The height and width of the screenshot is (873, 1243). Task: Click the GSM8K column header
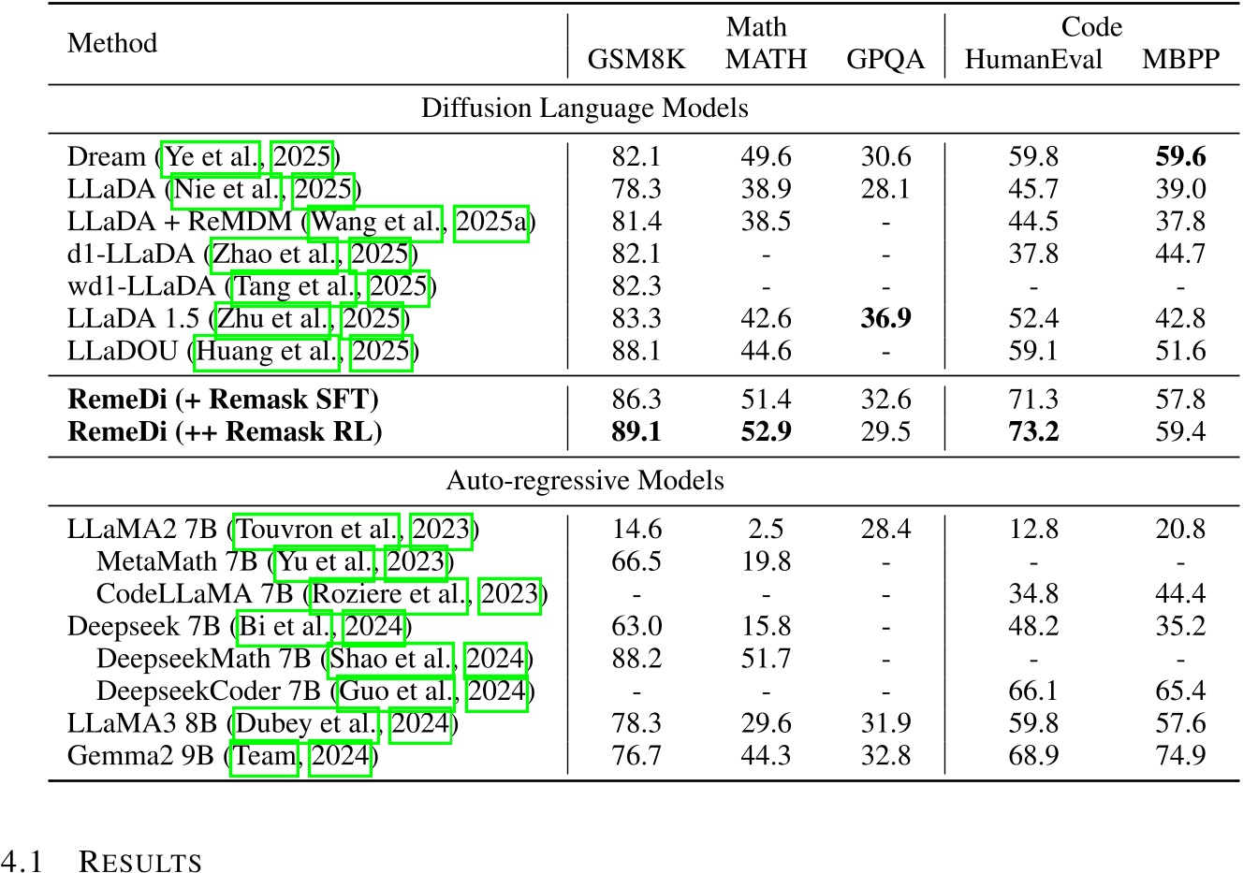(x=636, y=60)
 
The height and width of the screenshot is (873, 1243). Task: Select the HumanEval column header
(x=1033, y=60)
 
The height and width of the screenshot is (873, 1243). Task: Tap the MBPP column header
(x=1180, y=60)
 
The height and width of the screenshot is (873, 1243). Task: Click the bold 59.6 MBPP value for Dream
(x=1180, y=156)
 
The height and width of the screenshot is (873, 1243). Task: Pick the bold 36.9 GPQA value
(x=885, y=318)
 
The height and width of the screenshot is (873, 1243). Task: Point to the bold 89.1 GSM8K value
(x=636, y=432)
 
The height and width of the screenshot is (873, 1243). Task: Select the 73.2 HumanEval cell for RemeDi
(x=1033, y=432)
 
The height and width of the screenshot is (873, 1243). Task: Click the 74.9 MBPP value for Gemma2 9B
(x=1180, y=755)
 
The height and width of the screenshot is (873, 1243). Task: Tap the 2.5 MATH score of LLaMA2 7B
(x=766, y=530)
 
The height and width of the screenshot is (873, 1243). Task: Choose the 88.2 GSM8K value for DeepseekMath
(x=636, y=659)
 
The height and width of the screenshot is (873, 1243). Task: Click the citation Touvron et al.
(x=317, y=530)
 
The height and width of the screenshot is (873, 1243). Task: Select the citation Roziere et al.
(x=389, y=594)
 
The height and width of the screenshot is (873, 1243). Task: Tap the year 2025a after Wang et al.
(x=491, y=222)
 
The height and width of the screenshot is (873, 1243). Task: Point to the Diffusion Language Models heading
(x=584, y=109)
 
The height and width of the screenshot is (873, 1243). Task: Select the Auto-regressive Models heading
(x=584, y=481)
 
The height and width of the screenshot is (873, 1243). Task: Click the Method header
(x=112, y=43)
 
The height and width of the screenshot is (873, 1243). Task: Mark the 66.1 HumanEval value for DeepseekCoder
(x=1033, y=691)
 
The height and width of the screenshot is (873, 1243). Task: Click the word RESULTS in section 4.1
(x=140, y=862)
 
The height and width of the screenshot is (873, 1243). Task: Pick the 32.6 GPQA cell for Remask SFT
(x=885, y=400)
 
